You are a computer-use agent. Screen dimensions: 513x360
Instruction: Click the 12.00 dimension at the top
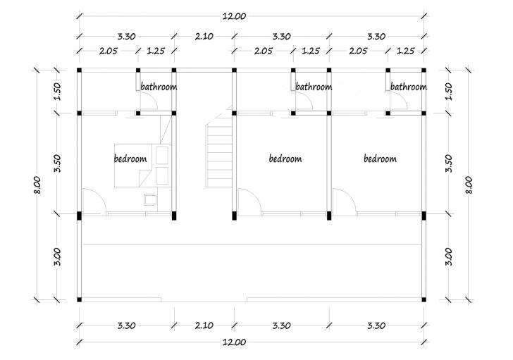234,16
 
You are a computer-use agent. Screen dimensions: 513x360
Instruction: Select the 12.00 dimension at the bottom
234,342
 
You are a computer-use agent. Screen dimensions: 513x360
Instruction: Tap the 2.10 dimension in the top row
204,37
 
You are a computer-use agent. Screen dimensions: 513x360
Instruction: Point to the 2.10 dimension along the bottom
204,325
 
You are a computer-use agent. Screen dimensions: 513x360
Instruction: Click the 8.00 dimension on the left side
37,185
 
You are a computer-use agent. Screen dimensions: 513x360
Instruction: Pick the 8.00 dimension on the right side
469,185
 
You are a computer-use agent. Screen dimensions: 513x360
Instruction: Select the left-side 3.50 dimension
57,163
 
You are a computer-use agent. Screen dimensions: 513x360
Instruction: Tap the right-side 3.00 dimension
449,256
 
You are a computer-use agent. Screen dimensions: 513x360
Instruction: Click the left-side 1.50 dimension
57,92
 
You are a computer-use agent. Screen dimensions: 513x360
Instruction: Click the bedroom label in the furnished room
130,159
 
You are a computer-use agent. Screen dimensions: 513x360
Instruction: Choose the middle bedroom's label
285,159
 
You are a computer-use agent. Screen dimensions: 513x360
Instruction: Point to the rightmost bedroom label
381,159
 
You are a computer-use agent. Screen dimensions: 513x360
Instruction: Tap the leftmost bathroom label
159,87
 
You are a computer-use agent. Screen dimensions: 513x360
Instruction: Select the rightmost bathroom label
409,87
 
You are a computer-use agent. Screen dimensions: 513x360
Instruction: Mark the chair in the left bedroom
150,199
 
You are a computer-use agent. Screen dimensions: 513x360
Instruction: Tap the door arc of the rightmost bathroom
404,97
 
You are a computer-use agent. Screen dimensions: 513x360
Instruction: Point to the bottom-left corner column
79,299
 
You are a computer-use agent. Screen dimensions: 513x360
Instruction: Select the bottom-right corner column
424,299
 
